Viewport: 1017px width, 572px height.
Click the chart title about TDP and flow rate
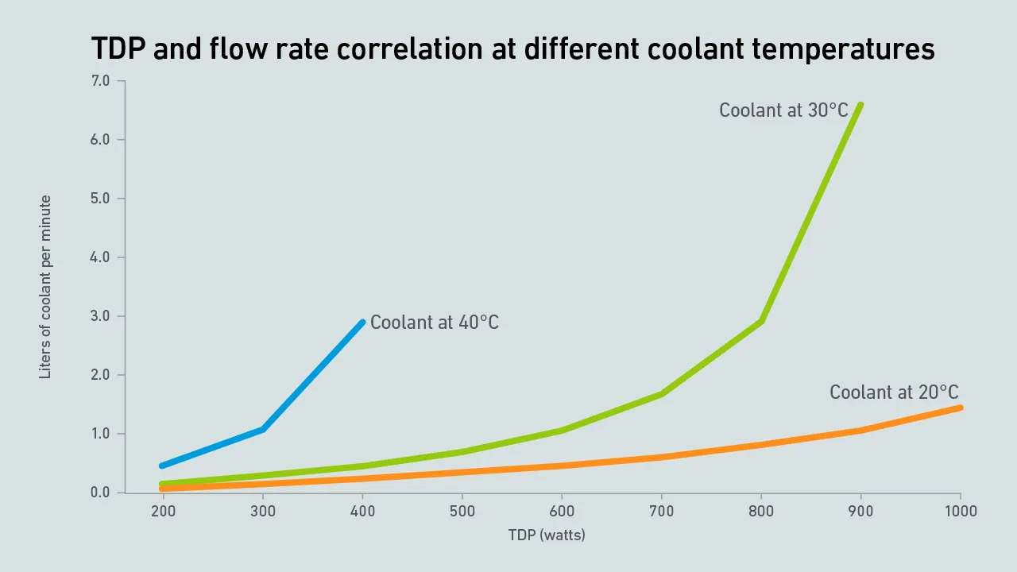[512, 49]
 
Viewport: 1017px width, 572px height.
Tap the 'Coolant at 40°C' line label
[435, 323]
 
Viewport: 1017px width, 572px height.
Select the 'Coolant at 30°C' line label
[783, 110]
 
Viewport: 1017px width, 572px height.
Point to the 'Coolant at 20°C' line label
[894, 392]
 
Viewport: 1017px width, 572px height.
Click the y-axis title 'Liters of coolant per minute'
[45, 287]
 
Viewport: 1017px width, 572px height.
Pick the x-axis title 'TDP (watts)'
[547, 535]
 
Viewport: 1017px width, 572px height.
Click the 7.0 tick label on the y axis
[101, 81]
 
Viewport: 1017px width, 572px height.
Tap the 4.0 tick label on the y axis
[101, 257]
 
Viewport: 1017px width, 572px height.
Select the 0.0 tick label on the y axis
[101, 493]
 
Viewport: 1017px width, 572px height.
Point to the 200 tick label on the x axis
[164, 512]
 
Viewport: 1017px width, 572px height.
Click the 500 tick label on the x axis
[462, 512]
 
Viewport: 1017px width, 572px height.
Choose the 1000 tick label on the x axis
[960, 512]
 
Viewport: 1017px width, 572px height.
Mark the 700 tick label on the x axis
[662, 512]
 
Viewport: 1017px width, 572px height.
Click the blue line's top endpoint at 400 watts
[362, 322]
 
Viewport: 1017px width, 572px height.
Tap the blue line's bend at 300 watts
[263, 429]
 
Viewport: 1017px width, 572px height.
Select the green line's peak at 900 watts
[860, 104]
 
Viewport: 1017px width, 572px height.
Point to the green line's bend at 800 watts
[761, 321]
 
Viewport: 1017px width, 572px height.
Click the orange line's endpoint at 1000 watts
[961, 408]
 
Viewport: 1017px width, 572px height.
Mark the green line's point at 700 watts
[662, 393]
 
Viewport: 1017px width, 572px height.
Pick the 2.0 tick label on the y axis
[101, 375]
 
